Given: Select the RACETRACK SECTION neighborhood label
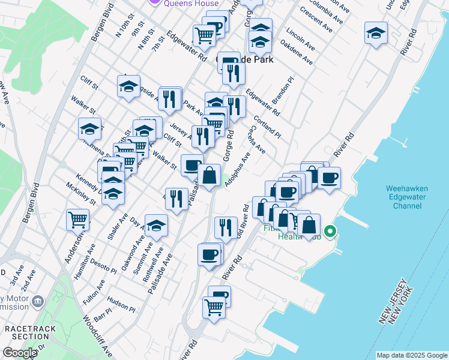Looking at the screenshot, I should [26, 333].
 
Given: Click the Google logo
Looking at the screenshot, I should [20, 353].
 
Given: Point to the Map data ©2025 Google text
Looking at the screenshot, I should [412, 356].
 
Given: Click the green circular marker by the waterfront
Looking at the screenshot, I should [330, 231].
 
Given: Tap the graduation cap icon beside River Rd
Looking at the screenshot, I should [376, 32].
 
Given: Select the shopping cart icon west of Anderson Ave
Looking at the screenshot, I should [78, 220].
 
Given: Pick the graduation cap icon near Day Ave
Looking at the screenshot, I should [156, 226].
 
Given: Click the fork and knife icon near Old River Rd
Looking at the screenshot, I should [226, 227].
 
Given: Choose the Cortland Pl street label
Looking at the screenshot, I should [268, 125].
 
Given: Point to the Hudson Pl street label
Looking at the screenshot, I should [121, 302].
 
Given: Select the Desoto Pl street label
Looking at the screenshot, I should [103, 266].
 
